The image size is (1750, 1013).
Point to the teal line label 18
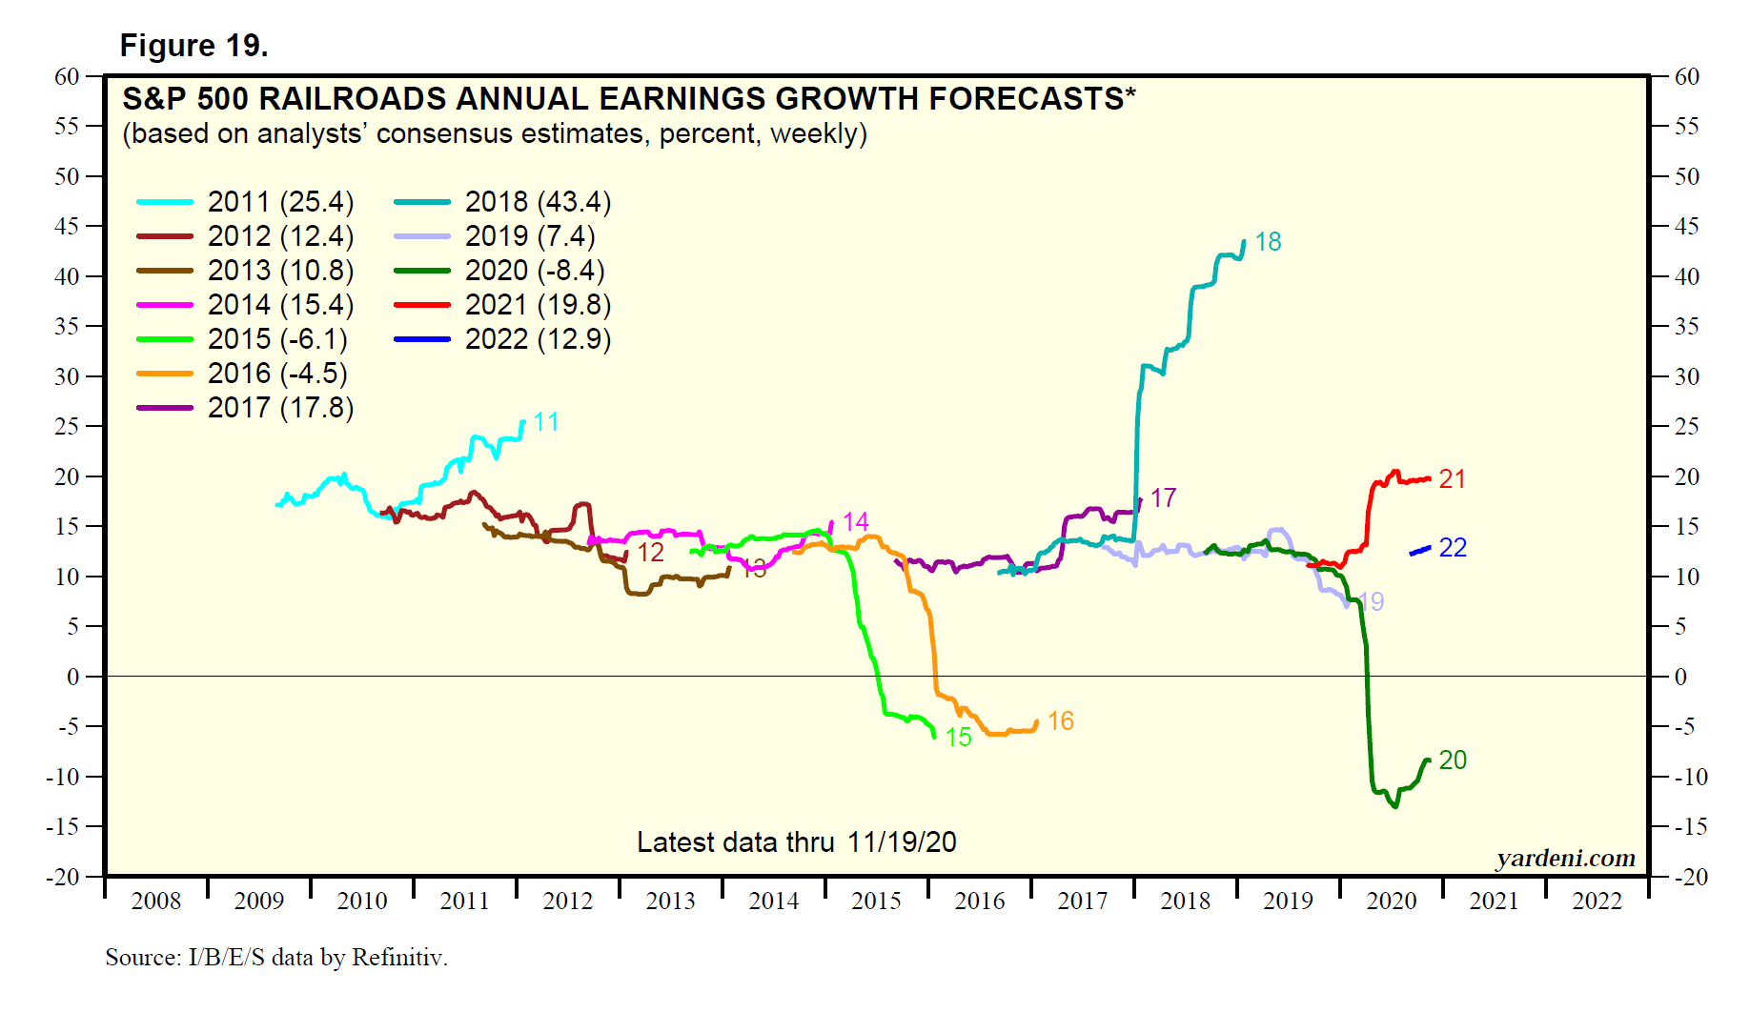click(1268, 242)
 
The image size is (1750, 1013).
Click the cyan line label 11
click(546, 422)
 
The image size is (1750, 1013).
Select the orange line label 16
click(1061, 721)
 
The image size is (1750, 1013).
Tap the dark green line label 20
click(1453, 760)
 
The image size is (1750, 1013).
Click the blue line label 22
click(1453, 548)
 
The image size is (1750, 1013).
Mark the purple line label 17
click(1164, 498)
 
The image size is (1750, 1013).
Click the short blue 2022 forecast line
click(1420, 551)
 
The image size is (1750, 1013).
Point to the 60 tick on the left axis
click(67, 77)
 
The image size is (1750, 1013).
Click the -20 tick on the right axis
click(1688, 877)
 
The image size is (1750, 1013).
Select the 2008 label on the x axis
click(156, 902)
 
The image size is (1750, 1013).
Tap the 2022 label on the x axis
click(1597, 902)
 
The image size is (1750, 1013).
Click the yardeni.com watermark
click(1566, 859)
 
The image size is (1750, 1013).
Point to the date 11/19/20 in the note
click(902, 842)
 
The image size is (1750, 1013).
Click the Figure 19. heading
click(193, 46)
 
